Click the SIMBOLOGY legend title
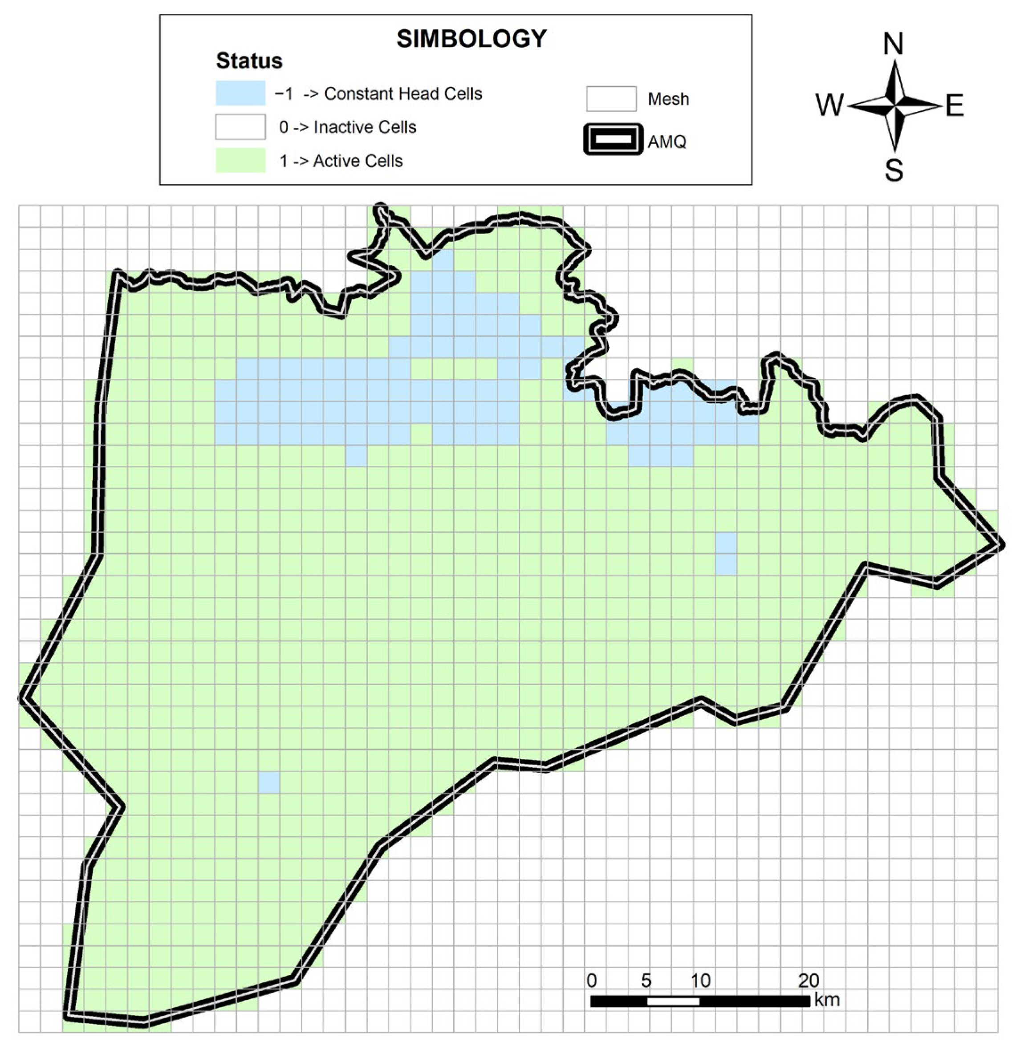pos(471,39)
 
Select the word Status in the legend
pos(249,61)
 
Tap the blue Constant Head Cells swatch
pos(240,93)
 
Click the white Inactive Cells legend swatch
pos(240,127)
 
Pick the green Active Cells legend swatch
pos(240,161)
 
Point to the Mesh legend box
pos(611,99)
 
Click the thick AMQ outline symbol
pos(613,140)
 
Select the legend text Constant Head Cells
pos(403,94)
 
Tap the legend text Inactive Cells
pos(365,128)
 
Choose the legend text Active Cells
pos(358,161)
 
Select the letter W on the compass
pos(829,105)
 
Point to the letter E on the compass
pos(955,105)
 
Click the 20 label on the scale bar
pos(809,981)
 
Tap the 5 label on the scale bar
pos(646,981)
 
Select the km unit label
pos(827,1000)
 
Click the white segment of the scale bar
pos(673,1001)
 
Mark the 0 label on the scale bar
pos(591,981)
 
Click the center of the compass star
pos(894,105)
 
